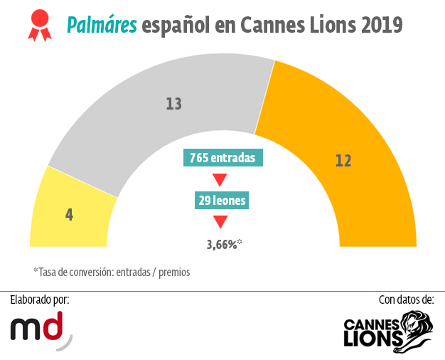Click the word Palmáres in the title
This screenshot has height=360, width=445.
pyautogui.click(x=101, y=26)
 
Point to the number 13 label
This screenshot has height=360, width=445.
pyautogui.click(x=173, y=104)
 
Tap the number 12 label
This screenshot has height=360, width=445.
pyautogui.click(x=343, y=161)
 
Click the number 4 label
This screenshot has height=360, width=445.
pyautogui.click(x=69, y=213)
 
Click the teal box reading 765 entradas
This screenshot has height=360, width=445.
pyautogui.click(x=222, y=158)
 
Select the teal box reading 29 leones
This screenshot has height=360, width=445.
pyautogui.click(x=222, y=201)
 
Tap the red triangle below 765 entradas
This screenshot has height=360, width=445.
pyautogui.click(x=220, y=179)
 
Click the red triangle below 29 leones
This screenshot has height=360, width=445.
pyautogui.click(x=220, y=222)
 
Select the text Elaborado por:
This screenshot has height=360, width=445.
pyautogui.click(x=40, y=300)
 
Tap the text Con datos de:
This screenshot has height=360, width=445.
pyautogui.click(x=406, y=300)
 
